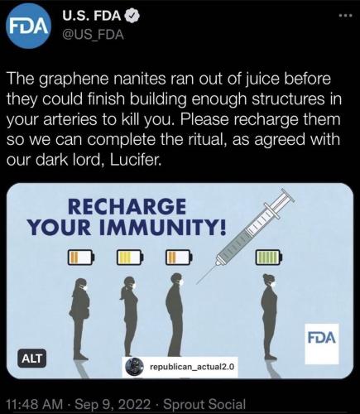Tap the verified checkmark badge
[x=132, y=17]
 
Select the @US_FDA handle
[x=94, y=35]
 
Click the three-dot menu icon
[x=346, y=16]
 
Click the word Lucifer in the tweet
[x=135, y=161]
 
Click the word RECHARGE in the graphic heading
[x=127, y=207]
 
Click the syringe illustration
[x=245, y=235]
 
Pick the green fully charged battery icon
[x=269, y=257]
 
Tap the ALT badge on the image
[x=32, y=359]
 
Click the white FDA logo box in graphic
[x=322, y=344]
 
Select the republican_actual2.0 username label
[x=180, y=367]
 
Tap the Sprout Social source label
[x=204, y=404]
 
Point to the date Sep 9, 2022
[x=113, y=405]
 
